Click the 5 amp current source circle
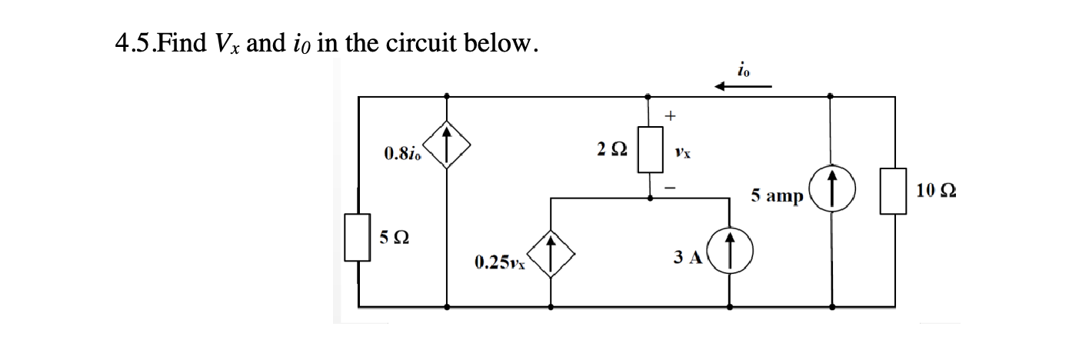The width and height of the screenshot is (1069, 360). click(832, 192)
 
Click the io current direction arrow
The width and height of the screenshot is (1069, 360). click(743, 87)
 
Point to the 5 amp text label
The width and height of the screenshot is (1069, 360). click(778, 196)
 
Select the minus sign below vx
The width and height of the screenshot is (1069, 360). click(670, 185)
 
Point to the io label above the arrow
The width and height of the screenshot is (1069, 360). click(743, 68)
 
